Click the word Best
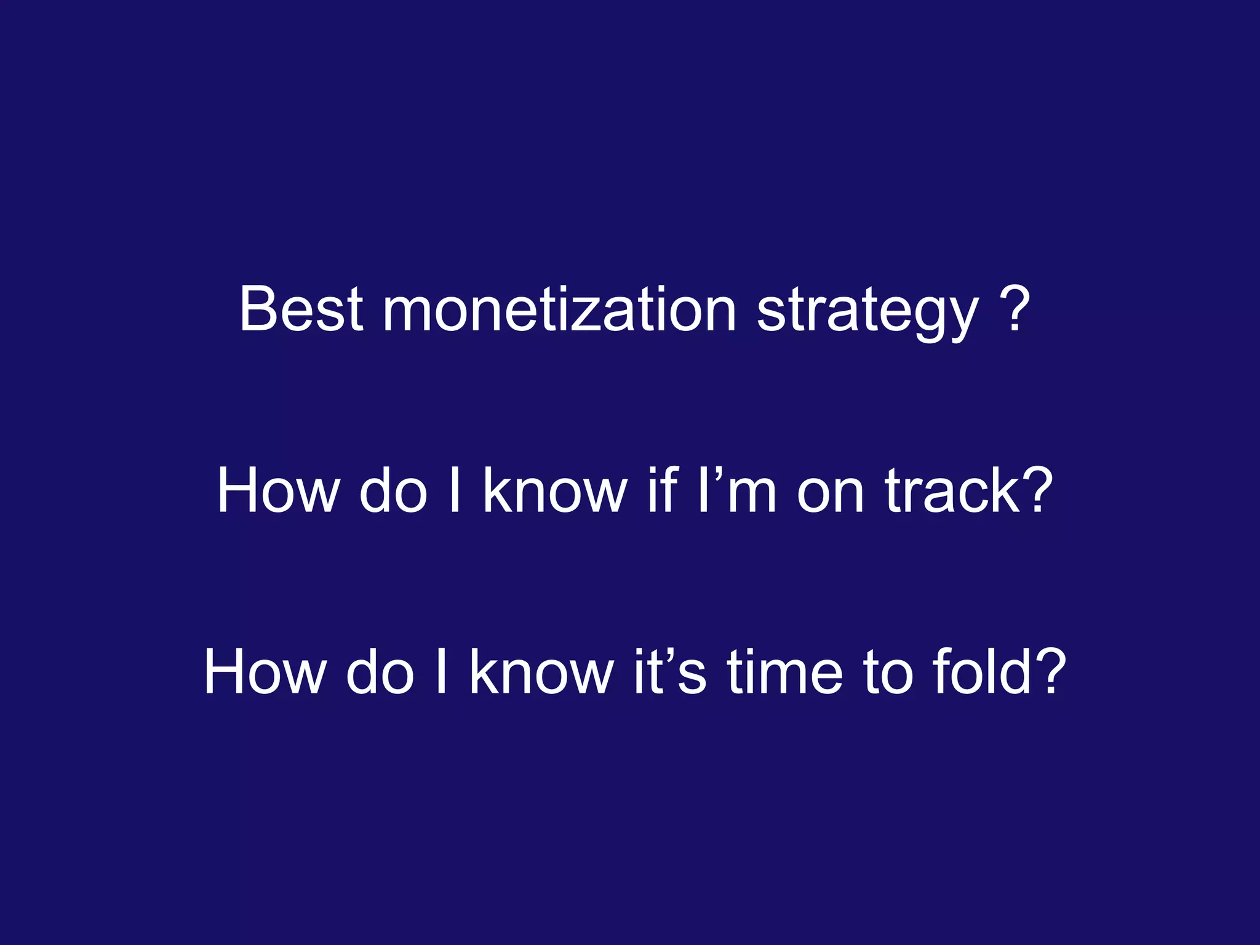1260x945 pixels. click(x=301, y=309)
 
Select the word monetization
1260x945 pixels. click(x=559, y=309)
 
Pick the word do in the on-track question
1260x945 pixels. click(x=393, y=490)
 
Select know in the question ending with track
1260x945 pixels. click(x=554, y=490)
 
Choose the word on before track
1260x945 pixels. click(x=831, y=490)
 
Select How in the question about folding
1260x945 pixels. click(x=265, y=672)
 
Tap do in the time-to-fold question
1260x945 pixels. click(x=380, y=672)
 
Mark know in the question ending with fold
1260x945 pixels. click(x=541, y=672)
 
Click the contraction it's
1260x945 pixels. click(x=671, y=672)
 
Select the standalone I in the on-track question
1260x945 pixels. click(x=455, y=490)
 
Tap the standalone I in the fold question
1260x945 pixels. click(x=441, y=672)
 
